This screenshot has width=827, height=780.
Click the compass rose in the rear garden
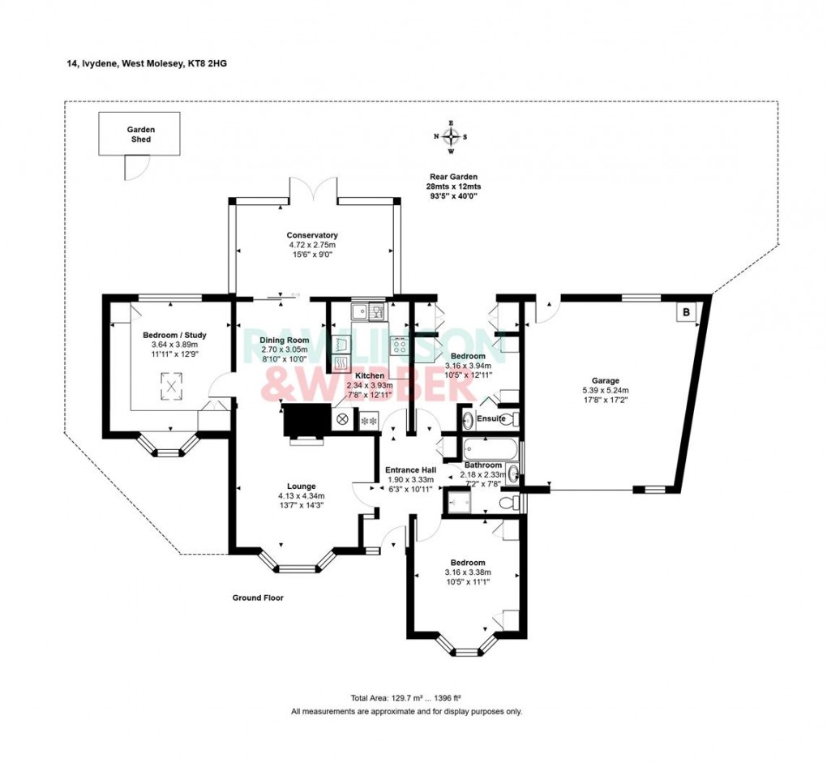coord(451,137)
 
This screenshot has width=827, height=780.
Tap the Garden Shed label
coord(139,134)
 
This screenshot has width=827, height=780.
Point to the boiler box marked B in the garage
coord(686,311)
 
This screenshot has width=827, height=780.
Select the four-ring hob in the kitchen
coord(400,345)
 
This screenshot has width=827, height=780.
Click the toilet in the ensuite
coord(512,419)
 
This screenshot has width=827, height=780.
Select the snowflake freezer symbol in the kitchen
coord(368,420)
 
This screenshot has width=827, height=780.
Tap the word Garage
coord(605,380)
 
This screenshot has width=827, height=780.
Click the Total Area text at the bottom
coord(405,698)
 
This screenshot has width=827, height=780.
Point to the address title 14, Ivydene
coord(147,62)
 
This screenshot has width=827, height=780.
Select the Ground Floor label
coord(257,598)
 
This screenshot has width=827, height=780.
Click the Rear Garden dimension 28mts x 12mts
coord(453,186)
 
